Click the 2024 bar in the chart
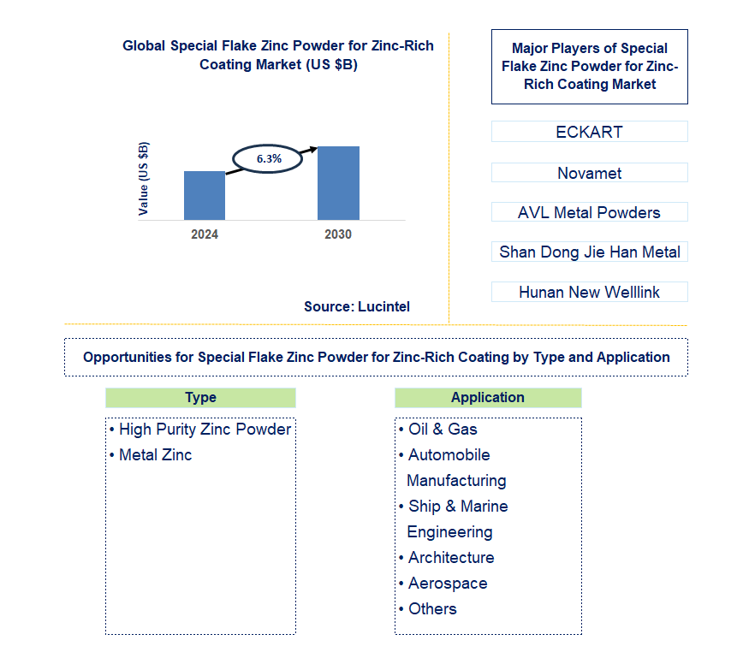[205, 195]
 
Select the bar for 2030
[338, 183]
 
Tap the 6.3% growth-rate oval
[268, 158]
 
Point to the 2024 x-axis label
[205, 234]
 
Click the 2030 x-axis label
[338, 234]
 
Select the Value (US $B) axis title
[144, 179]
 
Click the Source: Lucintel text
[357, 306]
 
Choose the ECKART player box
[589, 132]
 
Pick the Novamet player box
[589, 173]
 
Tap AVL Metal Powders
[589, 212]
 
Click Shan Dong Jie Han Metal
[589, 252]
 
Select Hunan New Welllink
[589, 292]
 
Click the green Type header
[200, 398]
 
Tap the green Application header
[488, 398]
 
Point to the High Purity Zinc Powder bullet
[205, 430]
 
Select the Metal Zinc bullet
[155, 455]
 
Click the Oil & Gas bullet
[443, 430]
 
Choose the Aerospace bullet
[448, 584]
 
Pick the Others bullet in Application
[432, 609]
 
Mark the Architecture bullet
[451, 558]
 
